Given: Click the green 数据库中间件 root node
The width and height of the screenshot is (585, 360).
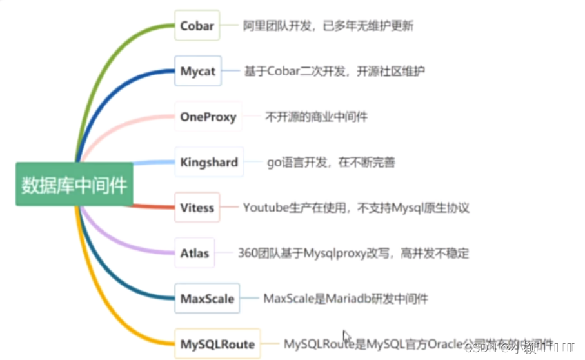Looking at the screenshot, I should pos(75,185).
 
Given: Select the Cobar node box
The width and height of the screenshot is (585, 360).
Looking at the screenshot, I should pos(196,26).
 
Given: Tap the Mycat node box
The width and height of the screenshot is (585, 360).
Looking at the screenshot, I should pos(197,71).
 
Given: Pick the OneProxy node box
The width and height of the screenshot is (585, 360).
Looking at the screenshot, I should pos(208,117).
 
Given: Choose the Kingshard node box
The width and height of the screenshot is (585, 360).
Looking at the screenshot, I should pos(209,162).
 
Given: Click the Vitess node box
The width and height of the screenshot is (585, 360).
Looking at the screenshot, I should pos(197,208).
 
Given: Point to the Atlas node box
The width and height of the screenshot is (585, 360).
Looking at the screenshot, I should pos(195,253).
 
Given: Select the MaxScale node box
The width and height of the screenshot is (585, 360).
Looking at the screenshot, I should pos(207,299).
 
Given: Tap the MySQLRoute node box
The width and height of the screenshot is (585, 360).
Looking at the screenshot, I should pos(217,344).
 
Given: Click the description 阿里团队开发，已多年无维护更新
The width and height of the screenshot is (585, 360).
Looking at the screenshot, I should pos(328,26).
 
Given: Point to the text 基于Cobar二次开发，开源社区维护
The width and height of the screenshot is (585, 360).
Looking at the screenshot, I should pos(333,72).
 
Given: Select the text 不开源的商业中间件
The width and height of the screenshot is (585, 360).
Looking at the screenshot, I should pos(316,117).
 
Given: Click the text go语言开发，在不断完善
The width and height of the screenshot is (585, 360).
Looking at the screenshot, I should pos(330,163).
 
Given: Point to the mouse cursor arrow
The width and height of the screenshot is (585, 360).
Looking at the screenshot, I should pos(346,337).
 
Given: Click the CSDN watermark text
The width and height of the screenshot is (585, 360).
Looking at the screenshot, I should pos(479,348).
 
